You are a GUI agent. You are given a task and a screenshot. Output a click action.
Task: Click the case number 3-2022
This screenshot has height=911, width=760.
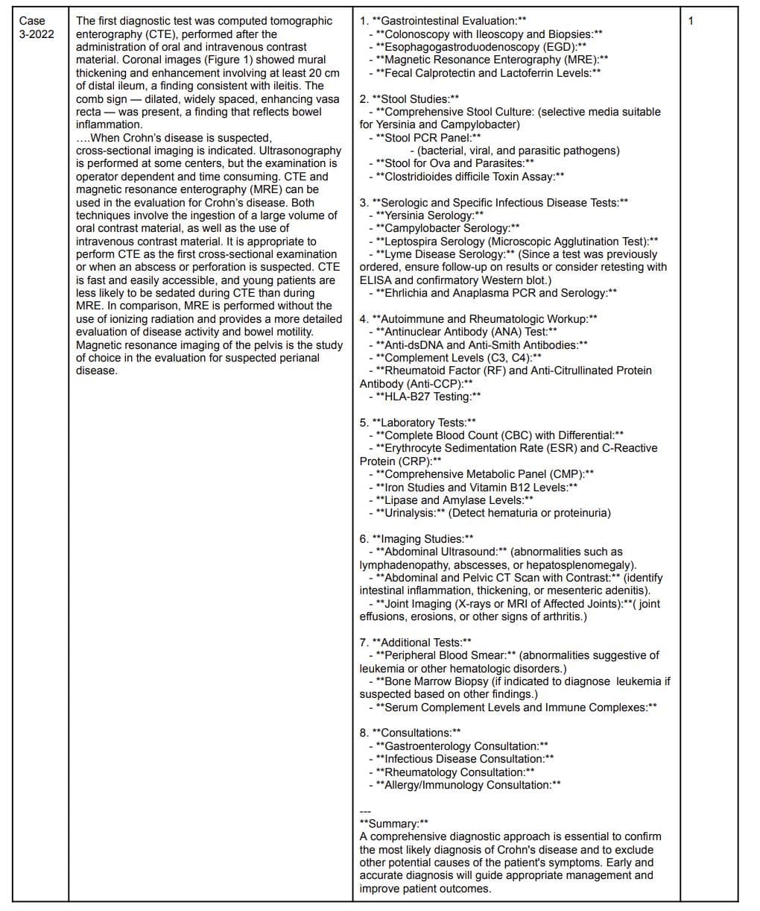point(37,34)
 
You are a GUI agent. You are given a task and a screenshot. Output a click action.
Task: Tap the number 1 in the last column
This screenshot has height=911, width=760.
point(691,21)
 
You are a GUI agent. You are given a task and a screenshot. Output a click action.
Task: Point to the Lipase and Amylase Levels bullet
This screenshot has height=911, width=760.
point(455,500)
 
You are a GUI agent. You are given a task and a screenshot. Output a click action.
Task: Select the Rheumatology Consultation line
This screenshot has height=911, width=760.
point(455,772)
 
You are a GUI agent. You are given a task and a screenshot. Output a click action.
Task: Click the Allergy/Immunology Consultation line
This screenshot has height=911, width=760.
point(469,785)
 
